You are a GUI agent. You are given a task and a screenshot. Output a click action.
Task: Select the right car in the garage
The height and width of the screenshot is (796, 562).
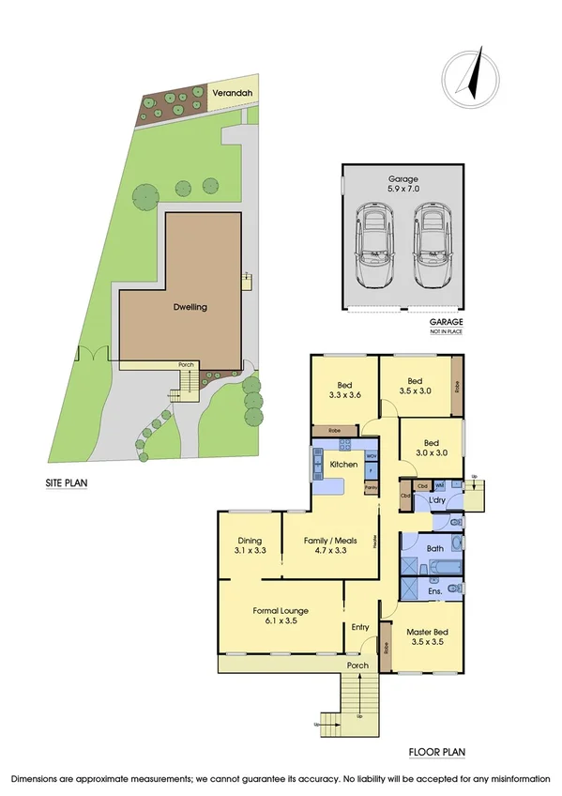[433, 250]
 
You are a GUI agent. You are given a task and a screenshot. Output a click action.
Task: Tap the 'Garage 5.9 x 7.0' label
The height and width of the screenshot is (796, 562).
[403, 183]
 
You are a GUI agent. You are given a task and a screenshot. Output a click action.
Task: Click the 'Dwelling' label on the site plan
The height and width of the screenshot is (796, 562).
[190, 307]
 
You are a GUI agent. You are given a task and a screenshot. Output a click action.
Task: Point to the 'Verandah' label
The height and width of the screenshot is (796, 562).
[230, 93]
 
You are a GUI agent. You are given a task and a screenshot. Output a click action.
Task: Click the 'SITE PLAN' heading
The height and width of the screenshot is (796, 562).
[67, 484]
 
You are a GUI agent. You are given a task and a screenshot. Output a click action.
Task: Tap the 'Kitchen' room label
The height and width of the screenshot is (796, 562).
[343, 465]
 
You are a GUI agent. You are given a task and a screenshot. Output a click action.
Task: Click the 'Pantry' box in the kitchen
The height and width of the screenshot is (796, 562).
[371, 487]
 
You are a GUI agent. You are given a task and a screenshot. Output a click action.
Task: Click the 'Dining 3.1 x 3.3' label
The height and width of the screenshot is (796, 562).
[251, 545]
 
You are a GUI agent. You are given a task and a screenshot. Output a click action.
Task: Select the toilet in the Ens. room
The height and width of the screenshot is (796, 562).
[453, 589]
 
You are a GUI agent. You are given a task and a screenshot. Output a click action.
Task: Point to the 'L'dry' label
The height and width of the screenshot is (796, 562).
[436, 500]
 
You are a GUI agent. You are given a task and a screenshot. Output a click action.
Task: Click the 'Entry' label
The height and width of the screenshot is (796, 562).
[360, 627]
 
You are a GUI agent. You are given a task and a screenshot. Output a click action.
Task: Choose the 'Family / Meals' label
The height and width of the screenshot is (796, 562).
[328, 545]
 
